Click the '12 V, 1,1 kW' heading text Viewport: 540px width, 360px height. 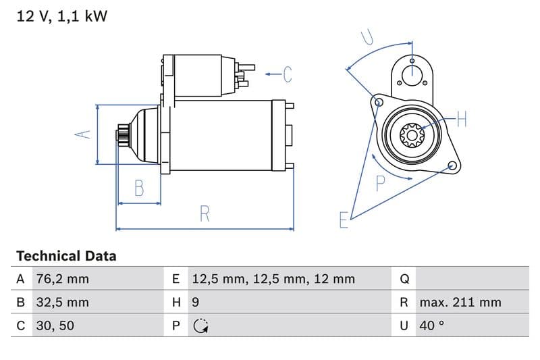(61, 17)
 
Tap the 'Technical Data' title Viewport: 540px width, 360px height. (66, 256)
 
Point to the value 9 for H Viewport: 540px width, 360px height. (196, 302)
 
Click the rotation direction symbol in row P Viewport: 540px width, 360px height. (200, 326)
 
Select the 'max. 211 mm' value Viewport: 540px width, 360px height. (460, 302)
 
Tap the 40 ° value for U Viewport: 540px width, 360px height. (431, 326)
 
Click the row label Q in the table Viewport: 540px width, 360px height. (404, 278)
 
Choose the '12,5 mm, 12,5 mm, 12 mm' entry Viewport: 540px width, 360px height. (273, 278)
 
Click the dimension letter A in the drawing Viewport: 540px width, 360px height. (82, 134)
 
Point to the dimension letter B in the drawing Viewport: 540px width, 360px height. (139, 188)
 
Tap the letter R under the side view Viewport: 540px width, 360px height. (205, 214)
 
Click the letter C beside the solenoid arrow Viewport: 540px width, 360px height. (288, 74)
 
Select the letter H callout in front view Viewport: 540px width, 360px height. (462, 120)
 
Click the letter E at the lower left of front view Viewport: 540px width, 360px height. (344, 220)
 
